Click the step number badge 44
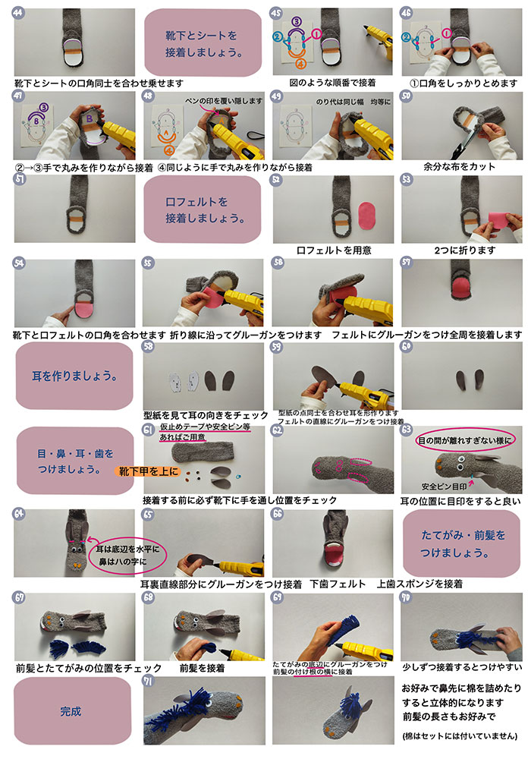point(18,13)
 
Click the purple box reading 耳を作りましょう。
point(72,376)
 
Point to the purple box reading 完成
point(71,712)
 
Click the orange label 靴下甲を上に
point(148,471)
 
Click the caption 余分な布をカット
point(460,167)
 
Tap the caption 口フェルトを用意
point(334,250)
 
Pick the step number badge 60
point(407,346)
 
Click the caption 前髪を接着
point(202,669)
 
